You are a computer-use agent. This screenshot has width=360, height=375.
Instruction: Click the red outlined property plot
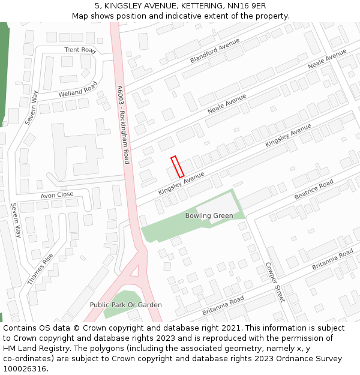pyautogui.click(x=177, y=167)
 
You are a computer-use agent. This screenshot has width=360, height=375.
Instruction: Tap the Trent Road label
pyautogui.click(x=80, y=50)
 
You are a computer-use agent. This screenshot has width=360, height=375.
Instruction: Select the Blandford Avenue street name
pyautogui.click(x=214, y=50)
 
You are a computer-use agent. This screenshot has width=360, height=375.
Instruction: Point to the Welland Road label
pyautogui.click(x=77, y=89)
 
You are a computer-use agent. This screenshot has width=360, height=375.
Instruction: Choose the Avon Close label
pyautogui.click(x=57, y=195)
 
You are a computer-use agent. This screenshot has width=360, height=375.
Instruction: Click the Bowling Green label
pyautogui.click(x=209, y=215)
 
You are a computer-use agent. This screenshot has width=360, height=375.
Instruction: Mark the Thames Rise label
pyautogui.click(x=40, y=268)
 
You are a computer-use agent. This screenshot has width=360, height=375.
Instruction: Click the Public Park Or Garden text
pyautogui.click(x=125, y=305)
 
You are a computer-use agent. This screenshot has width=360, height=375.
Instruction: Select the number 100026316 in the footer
pyautogui.click(x=24, y=368)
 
